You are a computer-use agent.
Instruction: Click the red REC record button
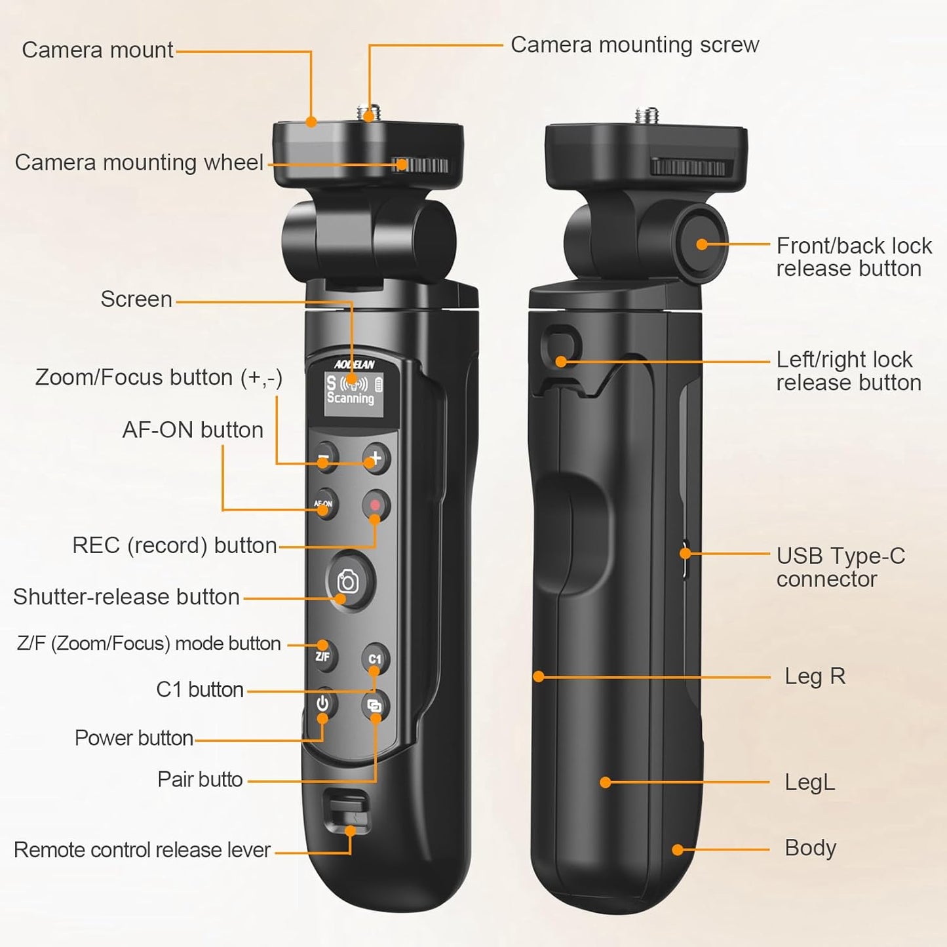click(x=376, y=505)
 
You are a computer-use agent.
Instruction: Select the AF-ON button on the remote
click(x=324, y=504)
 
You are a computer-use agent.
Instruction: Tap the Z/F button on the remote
click(x=323, y=655)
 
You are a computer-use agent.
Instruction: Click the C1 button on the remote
click(x=375, y=659)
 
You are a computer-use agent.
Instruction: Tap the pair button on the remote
click(x=375, y=706)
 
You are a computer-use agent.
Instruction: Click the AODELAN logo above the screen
click(x=354, y=364)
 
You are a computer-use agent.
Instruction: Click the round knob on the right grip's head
click(x=702, y=244)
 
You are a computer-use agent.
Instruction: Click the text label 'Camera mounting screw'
click(x=634, y=45)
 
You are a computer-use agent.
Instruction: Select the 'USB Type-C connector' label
click(x=840, y=567)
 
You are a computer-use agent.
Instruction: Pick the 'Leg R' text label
click(x=815, y=676)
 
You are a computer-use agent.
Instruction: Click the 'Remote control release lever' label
click(x=142, y=849)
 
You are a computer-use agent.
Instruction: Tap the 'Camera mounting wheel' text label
click(x=139, y=162)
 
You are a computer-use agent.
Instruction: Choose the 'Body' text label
click(x=810, y=847)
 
